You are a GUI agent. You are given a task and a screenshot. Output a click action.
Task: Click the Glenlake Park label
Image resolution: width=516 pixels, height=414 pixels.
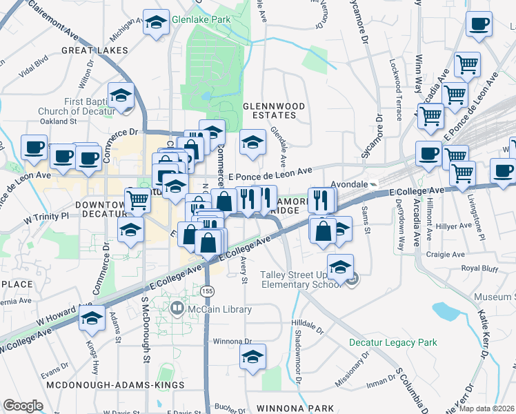(201, 20)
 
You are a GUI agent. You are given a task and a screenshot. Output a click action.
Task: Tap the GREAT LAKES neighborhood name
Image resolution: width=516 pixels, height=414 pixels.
(95, 50)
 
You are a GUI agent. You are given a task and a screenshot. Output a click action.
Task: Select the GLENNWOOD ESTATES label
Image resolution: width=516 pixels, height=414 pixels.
(274, 110)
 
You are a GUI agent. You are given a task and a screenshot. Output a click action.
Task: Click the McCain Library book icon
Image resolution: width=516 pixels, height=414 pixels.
(177, 310)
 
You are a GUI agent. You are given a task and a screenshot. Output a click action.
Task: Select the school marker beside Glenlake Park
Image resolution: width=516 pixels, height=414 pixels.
(157, 23)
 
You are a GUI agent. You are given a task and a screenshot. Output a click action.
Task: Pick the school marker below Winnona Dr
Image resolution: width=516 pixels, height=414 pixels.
(252, 357)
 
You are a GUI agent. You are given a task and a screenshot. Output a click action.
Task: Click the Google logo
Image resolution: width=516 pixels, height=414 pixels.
(23, 406)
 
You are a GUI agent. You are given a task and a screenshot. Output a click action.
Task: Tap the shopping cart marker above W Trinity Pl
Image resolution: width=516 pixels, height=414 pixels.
(137, 200)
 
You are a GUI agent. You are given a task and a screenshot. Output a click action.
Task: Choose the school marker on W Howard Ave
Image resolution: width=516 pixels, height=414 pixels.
(92, 318)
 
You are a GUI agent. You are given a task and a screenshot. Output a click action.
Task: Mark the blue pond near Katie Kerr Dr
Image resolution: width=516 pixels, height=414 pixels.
(448, 312)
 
